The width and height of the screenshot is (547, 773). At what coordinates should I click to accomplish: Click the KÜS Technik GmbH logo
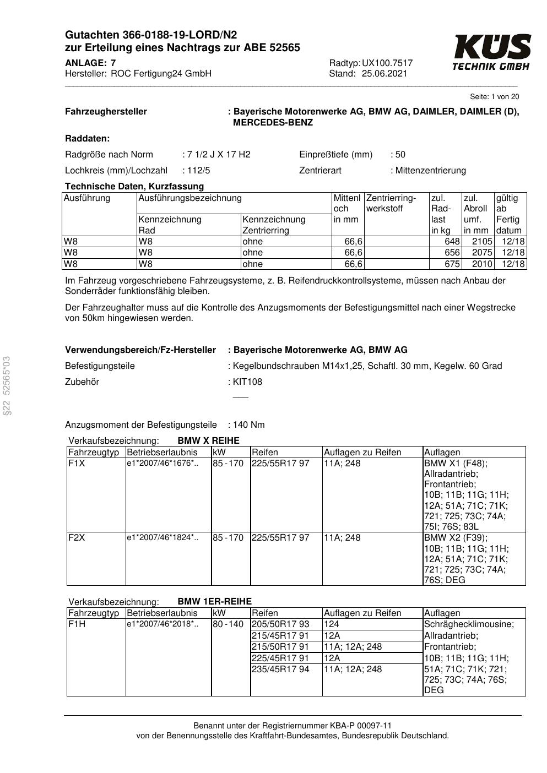(x=491, y=52)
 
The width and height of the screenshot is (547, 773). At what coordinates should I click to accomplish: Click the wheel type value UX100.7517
(x=387, y=63)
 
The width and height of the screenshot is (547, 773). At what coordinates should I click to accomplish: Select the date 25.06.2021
(x=384, y=74)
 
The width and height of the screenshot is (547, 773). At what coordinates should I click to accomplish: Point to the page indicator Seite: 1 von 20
(x=494, y=97)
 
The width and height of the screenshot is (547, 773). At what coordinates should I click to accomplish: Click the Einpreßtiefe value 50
(x=400, y=155)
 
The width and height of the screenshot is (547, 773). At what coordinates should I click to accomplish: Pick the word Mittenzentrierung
(x=430, y=171)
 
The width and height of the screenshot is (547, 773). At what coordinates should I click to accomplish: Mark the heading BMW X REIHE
(x=208, y=441)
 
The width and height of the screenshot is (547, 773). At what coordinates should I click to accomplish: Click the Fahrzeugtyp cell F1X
(x=77, y=464)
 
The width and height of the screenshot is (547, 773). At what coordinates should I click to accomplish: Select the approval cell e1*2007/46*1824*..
(x=163, y=538)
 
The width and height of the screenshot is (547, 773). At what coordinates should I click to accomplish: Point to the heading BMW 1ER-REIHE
(x=214, y=601)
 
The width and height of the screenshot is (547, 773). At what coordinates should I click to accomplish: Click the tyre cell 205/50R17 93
(x=280, y=624)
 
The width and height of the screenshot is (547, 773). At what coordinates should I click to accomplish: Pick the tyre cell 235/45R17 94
(x=280, y=669)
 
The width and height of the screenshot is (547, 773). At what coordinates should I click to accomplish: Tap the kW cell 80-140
(x=228, y=624)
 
